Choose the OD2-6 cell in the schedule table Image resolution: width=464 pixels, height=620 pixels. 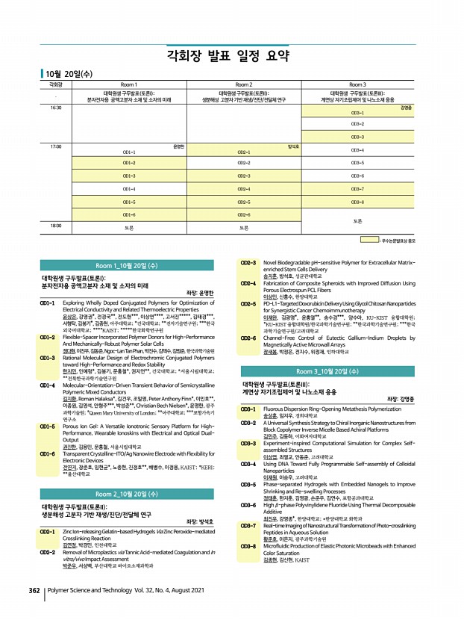point(243,214)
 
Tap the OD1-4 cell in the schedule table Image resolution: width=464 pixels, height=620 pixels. point(129,189)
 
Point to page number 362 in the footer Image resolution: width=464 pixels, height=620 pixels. point(34,610)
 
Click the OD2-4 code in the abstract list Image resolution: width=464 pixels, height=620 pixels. point(248,283)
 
